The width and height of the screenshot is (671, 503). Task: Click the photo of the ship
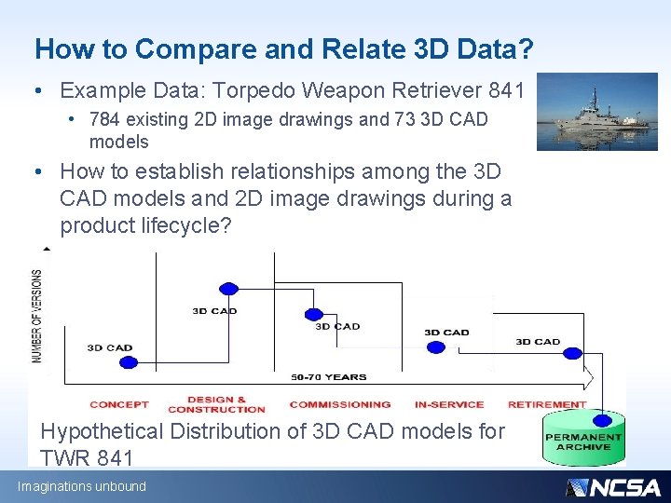coord(596,112)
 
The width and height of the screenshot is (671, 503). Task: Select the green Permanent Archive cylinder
coord(583,439)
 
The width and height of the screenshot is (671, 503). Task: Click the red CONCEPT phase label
coord(119,404)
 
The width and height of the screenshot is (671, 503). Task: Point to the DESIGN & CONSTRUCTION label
coord(216,404)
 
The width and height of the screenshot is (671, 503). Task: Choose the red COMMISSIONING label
coord(340,404)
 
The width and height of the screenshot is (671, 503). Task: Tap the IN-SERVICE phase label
coord(448,404)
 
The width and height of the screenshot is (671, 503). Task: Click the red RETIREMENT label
coord(547,404)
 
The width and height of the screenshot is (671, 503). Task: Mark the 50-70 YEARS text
coord(329,377)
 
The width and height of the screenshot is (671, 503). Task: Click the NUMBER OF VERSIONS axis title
coord(37,317)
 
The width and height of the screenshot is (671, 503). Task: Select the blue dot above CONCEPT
coord(128,362)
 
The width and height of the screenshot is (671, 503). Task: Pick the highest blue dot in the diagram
coord(228,289)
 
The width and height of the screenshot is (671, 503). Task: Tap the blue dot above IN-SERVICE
coord(435,347)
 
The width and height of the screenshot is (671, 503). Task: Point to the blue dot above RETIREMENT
coord(570,354)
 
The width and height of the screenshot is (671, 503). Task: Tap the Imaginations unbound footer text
coord(82,486)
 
